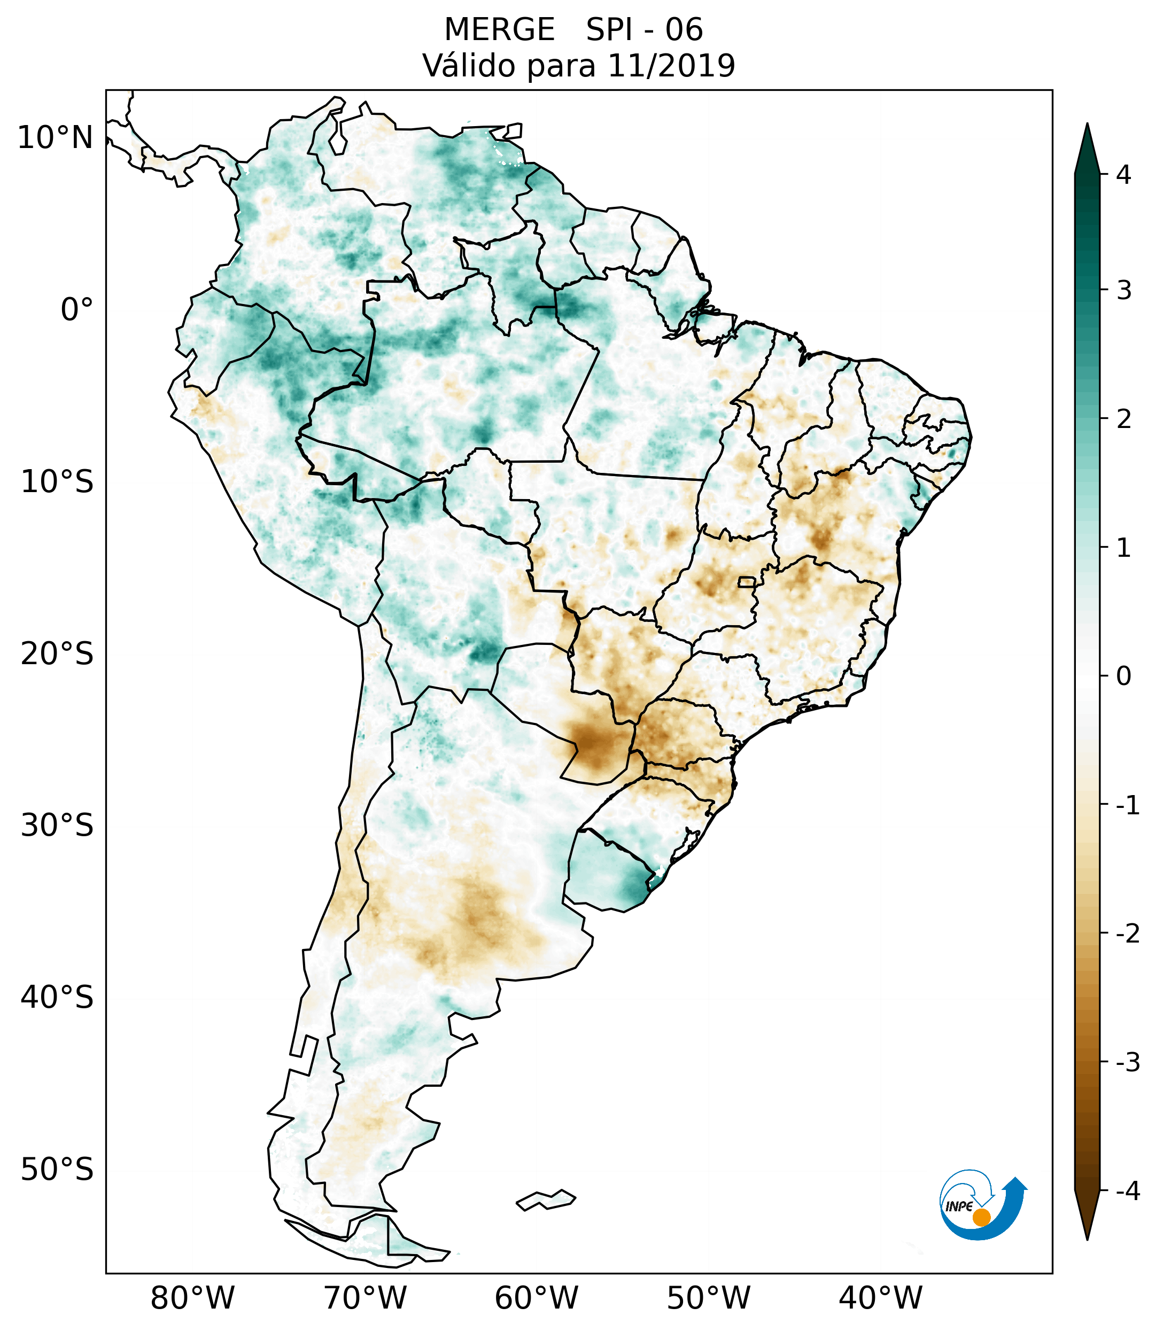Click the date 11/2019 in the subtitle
click(671, 66)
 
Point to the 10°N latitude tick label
click(56, 138)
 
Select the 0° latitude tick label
click(77, 310)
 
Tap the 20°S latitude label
click(57, 654)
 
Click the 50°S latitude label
click(57, 1170)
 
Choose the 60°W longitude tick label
click(536, 1298)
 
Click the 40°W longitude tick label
click(881, 1298)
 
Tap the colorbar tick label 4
click(1123, 175)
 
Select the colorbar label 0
click(1123, 676)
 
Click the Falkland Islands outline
click(546, 1200)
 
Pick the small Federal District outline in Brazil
click(748, 581)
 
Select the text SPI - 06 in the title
click(644, 30)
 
